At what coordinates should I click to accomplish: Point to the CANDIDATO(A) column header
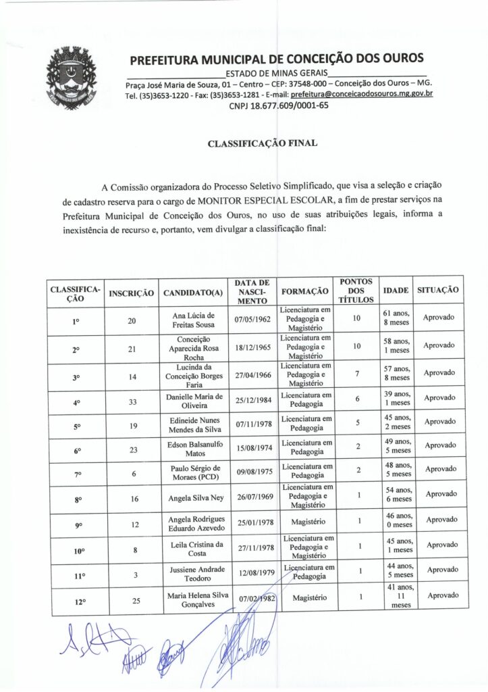point(193,293)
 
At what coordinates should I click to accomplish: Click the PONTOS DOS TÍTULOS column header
point(356,290)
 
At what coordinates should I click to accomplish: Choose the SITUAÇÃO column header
point(439,289)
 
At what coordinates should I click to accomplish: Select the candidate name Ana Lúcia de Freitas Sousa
point(193,320)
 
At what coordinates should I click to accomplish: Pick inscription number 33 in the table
point(133,402)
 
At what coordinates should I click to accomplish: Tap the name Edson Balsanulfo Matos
point(193,448)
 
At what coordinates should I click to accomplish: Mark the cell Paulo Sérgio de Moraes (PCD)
point(193,473)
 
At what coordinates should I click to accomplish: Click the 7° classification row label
point(77,474)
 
